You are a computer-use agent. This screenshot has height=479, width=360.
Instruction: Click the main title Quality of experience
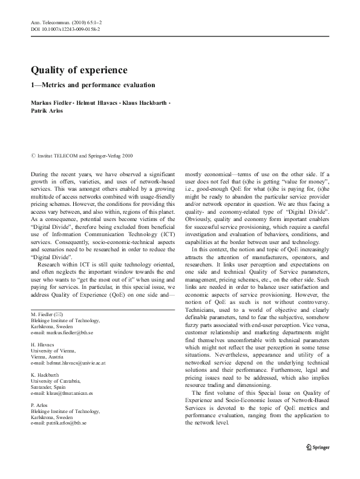[79, 70]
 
